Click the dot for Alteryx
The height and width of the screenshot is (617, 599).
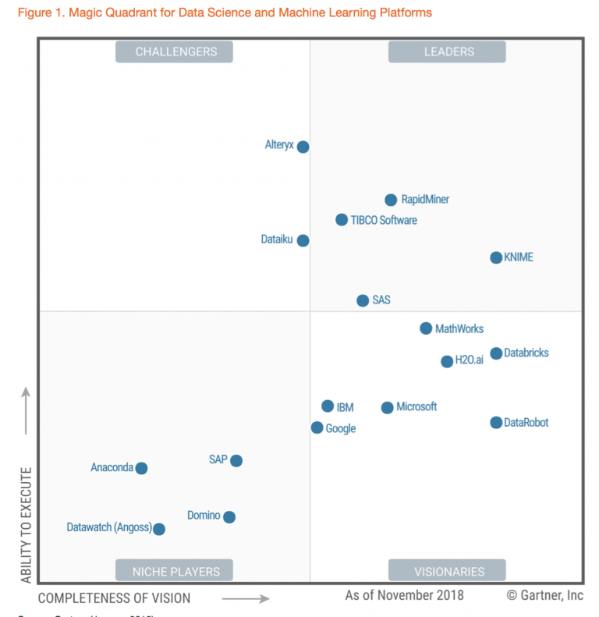[x=303, y=147]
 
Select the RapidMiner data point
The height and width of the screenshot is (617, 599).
[x=392, y=200]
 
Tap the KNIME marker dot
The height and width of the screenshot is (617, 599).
[x=496, y=257]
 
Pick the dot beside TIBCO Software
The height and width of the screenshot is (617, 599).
[x=342, y=220]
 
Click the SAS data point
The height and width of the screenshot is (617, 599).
[x=363, y=300]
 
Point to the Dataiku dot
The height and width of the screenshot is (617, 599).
[x=303, y=240]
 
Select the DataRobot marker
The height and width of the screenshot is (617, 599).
[x=496, y=423]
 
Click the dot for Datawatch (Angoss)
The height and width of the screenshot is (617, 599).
[x=159, y=529]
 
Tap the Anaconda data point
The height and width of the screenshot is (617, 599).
[x=141, y=468]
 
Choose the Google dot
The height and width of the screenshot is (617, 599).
[x=317, y=427]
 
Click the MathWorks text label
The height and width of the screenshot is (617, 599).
[x=459, y=329]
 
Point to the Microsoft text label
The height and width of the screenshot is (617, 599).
[x=416, y=407]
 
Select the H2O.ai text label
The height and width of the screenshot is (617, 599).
[x=470, y=360]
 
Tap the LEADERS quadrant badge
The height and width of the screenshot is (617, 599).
[x=447, y=52]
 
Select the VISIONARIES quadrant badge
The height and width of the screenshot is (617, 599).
[x=447, y=571]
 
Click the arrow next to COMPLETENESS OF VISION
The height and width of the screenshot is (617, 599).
[x=246, y=598]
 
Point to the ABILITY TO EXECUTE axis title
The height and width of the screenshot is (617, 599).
[x=27, y=525]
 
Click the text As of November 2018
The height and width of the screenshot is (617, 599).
[x=404, y=596]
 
